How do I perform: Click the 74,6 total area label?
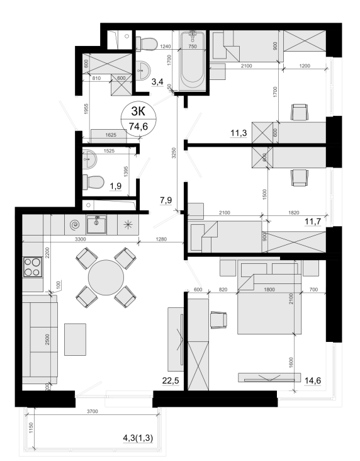click(x=138, y=127)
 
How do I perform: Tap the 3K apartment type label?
click(x=138, y=111)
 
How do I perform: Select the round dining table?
click(x=106, y=277)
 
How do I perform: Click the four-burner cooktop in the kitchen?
click(x=33, y=267)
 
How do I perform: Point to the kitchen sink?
click(x=96, y=224)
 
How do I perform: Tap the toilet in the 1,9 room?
click(x=93, y=182)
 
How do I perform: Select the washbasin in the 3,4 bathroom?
click(x=143, y=71)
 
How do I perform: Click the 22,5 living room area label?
click(x=171, y=380)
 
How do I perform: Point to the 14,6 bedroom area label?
click(x=313, y=380)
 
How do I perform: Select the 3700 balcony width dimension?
click(x=93, y=411)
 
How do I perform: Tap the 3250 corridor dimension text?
click(x=174, y=153)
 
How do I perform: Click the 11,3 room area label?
click(x=239, y=133)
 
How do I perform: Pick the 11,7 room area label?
click(x=313, y=221)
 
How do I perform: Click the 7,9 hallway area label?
click(x=166, y=200)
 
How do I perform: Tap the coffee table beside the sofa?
click(x=76, y=339)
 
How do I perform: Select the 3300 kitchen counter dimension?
click(x=80, y=239)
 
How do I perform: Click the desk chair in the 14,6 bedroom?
click(x=218, y=320)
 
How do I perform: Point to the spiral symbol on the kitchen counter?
click(x=76, y=225)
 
